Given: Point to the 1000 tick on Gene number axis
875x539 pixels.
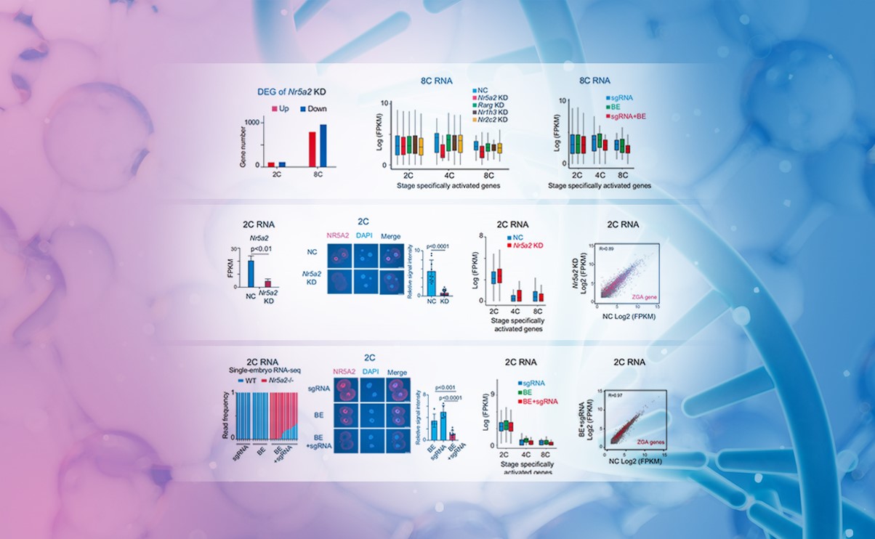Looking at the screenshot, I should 251,122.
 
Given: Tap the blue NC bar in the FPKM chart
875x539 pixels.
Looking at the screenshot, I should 251,274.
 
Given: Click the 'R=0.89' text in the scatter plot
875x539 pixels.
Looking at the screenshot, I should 606,248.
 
